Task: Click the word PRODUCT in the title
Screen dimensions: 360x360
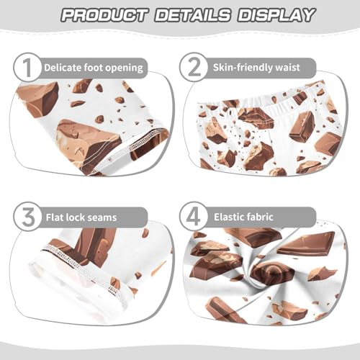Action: click(x=104, y=14)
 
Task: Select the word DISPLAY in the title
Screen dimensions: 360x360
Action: click(x=274, y=14)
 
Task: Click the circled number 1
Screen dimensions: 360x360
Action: click(x=27, y=68)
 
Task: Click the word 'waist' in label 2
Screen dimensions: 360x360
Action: click(x=300, y=68)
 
